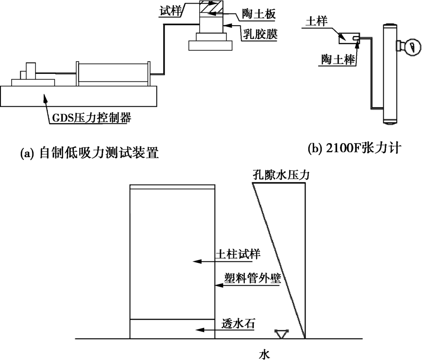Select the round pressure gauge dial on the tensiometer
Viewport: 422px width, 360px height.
[408, 46]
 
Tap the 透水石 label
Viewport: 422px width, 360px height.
[237, 323]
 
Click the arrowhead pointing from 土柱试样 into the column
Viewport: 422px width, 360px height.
[194, 261]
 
